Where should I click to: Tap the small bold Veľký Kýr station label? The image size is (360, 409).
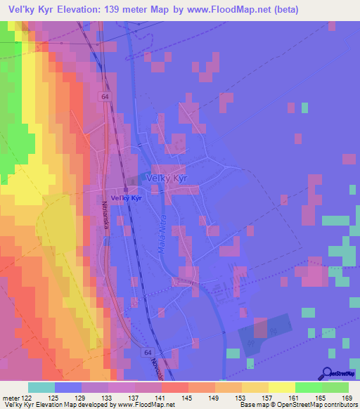coord(127,198)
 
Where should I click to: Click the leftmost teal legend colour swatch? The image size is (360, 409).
coord(41,387)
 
